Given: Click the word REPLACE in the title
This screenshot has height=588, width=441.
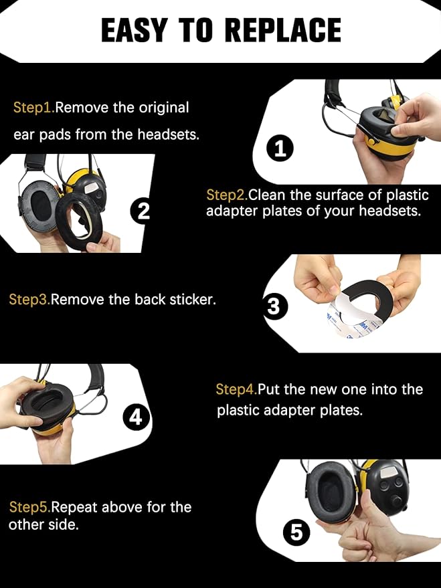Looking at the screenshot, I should tap(282, 30).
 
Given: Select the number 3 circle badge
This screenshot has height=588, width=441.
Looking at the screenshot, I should tap(273, 306).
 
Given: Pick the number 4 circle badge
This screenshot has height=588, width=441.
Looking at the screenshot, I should tap(136, 418).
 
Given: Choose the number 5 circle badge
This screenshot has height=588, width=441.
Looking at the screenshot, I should tap(296, 533).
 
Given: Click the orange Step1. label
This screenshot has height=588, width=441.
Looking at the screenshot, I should tap(33, 108).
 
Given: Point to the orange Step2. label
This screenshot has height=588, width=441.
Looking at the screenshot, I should tap(227, 195).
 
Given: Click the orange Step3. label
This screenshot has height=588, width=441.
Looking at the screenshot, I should tap(29, 299).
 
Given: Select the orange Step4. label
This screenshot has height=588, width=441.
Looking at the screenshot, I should tap(236, 389).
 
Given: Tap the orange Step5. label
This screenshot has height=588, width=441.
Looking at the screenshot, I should tap(29, 506).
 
